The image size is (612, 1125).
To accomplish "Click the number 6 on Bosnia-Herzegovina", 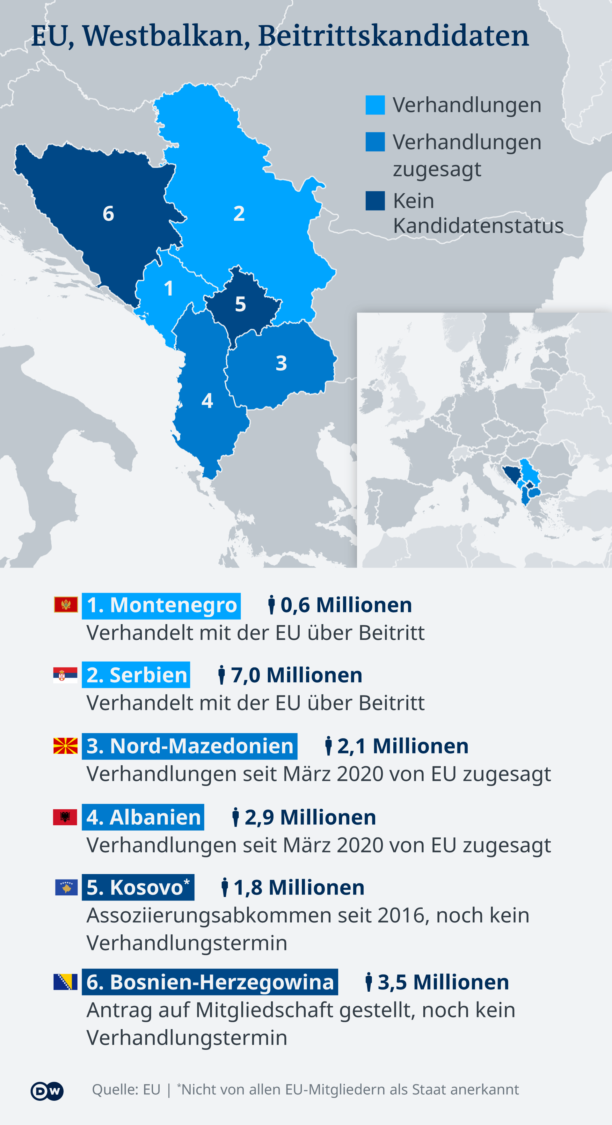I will coord(108,214).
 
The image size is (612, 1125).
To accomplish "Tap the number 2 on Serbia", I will coord(239,214).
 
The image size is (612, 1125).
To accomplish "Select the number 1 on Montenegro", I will coord(169,288).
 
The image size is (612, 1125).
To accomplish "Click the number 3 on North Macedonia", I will coord(281,363).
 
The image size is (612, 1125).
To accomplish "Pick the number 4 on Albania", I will coord(207,401).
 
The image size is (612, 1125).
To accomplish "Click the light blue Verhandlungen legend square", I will coord(375,105).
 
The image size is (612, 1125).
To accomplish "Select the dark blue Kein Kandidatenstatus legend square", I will coord(375,201).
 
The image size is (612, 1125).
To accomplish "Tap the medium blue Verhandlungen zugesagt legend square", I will coord(375,142).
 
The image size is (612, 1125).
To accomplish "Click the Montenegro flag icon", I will coord(66,604).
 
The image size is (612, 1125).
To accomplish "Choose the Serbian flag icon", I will coord(65,675).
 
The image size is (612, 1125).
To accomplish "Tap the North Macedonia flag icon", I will coord(65,746).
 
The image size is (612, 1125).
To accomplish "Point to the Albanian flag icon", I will coord(65,817).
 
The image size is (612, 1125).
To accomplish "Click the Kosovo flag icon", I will coord(66,887).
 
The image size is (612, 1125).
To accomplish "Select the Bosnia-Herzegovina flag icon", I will coord(65,982).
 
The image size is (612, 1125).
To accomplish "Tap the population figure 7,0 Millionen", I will coord(296,675).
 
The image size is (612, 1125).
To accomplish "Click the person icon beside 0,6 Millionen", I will coord(272,605).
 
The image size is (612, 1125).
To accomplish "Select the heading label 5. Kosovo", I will coord(138,887).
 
